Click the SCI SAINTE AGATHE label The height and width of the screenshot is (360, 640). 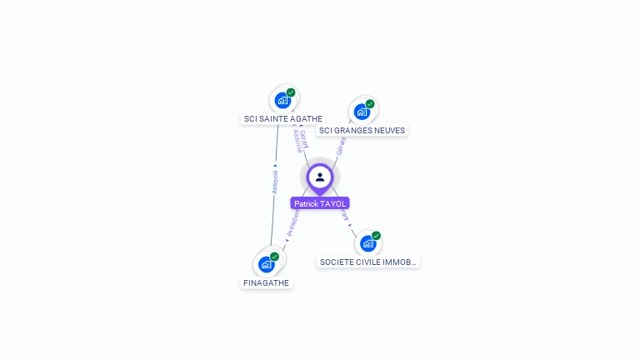tap(282, 118)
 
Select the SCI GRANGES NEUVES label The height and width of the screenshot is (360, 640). tap(362, 130)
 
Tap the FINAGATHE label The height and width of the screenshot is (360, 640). tap(267, 282)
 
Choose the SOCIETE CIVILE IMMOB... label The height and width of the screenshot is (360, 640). tap(367, 262)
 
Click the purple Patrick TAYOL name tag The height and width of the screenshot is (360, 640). tap(320, 203)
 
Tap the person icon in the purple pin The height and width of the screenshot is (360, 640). tap(320, 177)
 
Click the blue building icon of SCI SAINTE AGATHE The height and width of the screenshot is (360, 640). tap(282, 100)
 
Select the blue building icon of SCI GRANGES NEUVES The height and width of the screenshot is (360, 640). tap(362, 111)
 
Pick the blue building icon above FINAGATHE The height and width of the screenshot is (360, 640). tap(267, 264)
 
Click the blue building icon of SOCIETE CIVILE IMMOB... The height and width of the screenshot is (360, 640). tap(367, 243)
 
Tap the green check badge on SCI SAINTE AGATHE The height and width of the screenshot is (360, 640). tap(291, 92)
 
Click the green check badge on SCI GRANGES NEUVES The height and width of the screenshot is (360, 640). tap(370, 104)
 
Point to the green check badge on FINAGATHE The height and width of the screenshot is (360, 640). tap(275, 257)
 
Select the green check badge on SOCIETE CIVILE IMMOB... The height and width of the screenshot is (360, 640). tap(376, 236)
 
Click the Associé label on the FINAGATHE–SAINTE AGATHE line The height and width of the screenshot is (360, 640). tap(275, 178)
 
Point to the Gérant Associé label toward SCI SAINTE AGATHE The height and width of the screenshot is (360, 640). tap(302, 140)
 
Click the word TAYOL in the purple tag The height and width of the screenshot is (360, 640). tap(333, 203)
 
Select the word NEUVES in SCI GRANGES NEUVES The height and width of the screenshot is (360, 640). tap(388, 130)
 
